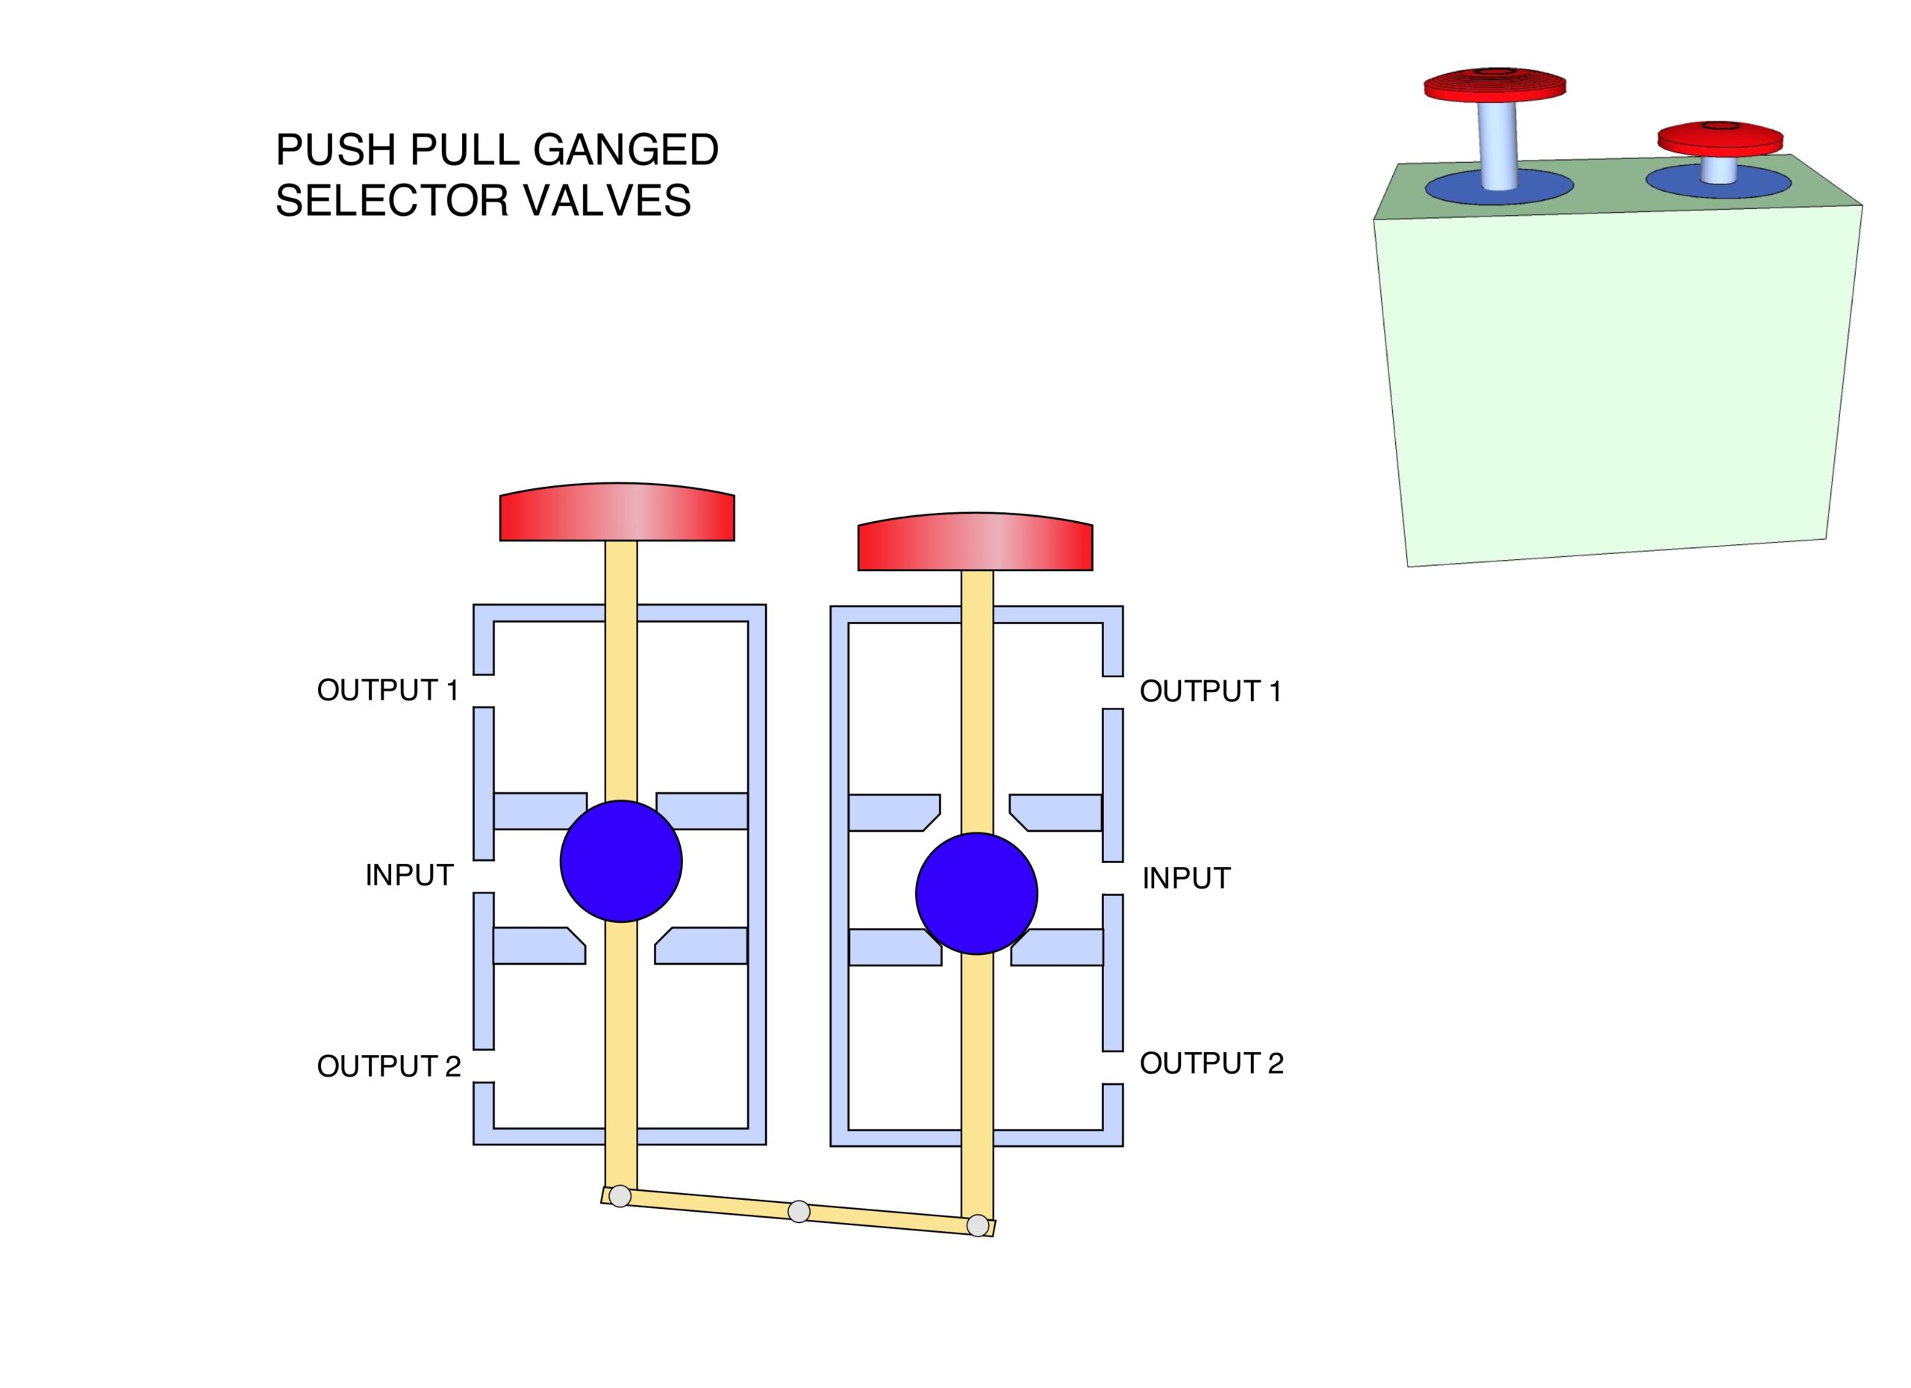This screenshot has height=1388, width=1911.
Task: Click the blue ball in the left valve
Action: (x=621, y=860)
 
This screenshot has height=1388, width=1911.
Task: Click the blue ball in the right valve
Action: (x=976, y=893)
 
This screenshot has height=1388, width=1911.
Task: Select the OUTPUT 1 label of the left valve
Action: (x=387, y=690)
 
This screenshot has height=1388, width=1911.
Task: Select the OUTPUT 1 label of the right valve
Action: (x=1210, y=691)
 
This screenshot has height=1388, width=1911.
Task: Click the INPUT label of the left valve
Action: (x=410, y=876)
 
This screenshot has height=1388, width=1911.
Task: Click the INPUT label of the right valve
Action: (x=1186, y=878)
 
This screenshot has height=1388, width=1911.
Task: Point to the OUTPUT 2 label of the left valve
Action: (x=388, y=1066)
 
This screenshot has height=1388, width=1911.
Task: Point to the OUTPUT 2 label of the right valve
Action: (x=1212, y=1062)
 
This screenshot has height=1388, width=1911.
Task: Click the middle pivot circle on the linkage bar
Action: (x=799, y=1212)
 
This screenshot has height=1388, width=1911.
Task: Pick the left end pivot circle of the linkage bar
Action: (x=620, y=1196)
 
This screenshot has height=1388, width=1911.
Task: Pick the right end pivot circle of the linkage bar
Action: (x=977, y=1225)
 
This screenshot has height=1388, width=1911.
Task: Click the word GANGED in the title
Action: (x=626, y=150)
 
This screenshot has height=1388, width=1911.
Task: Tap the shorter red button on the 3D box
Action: (x=1721, y=139)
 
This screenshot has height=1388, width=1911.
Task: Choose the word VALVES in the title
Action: (x=607, y=201)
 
